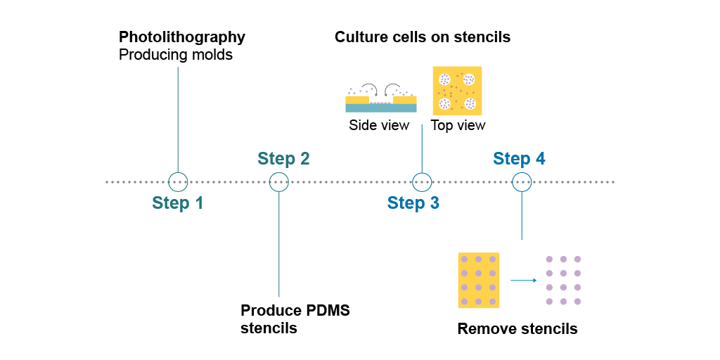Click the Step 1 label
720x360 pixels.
177,202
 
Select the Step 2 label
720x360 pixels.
283,158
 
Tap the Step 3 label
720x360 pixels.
413,202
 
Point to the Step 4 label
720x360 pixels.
520,158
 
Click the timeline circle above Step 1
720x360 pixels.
178,182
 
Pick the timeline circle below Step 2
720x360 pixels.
278,182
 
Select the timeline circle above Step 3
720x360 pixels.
422,182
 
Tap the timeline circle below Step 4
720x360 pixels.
522,182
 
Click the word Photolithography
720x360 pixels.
182,38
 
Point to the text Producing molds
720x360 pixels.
176,55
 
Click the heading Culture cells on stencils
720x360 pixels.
423,37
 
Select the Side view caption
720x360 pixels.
379,125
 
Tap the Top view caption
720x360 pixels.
458,125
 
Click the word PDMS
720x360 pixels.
328,310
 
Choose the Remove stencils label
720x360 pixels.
517,329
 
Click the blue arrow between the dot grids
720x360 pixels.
523,280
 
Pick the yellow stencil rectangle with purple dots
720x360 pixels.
478,280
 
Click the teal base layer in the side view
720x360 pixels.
381,108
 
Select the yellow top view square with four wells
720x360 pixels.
457,91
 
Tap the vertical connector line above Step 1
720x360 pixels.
178,120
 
